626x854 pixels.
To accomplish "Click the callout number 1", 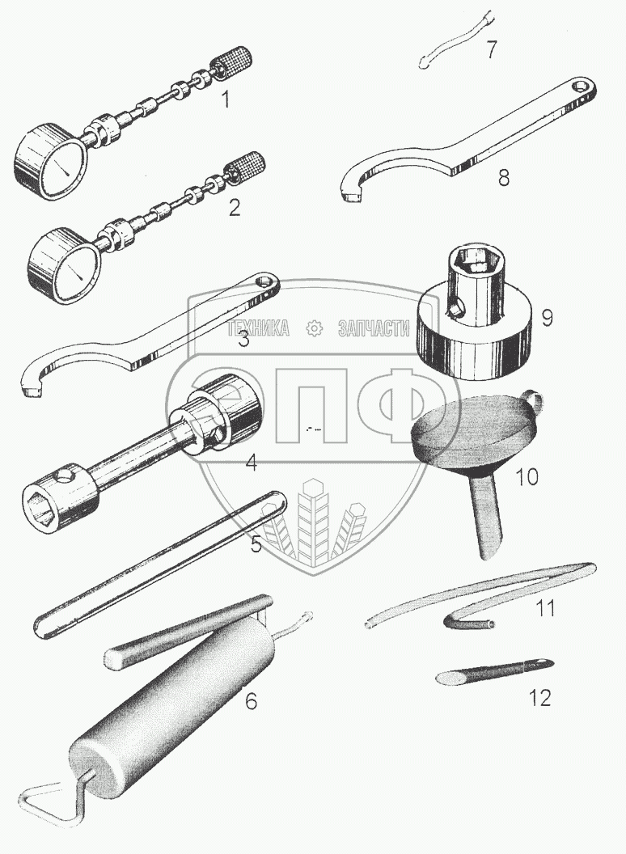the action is click(226, 100).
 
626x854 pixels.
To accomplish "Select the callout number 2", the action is click(234, 208).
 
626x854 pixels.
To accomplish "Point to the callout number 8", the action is click(503, 177).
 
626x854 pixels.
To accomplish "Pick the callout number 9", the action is click(547, 317).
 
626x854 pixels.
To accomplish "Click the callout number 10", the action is click(526, 476).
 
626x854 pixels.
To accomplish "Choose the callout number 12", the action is click(539, 697).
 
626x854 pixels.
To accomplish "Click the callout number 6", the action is click(252, 701).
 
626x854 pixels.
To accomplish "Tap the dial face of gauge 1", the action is click(59, 168).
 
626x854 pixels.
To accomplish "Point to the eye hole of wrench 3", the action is click(263, 281).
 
